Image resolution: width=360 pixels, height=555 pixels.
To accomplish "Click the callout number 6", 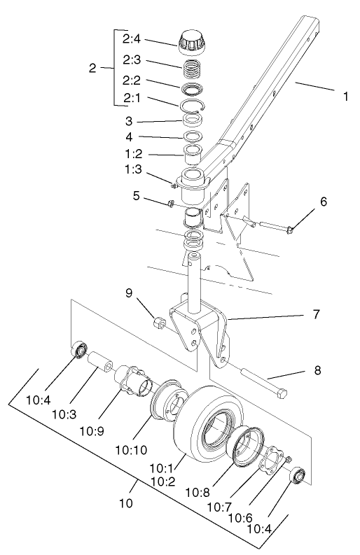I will click(x=324, y=202).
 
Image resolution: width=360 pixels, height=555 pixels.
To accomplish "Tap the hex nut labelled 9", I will click(x=160, y=325).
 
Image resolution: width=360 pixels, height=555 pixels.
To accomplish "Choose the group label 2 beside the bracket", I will click(x=92, y=68).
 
